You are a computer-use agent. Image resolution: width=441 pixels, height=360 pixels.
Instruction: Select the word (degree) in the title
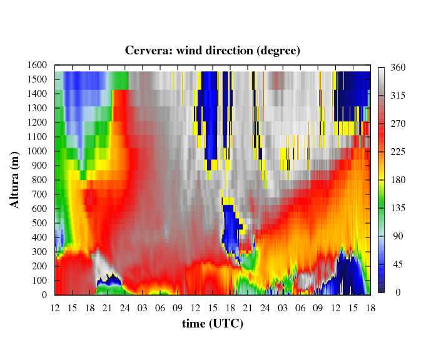point(278,51)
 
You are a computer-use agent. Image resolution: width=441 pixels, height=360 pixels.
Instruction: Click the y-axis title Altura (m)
point(14,180)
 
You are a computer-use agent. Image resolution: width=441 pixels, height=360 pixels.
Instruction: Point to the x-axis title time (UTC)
point(213,324)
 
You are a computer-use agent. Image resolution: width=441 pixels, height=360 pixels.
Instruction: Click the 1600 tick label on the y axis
point(37,65)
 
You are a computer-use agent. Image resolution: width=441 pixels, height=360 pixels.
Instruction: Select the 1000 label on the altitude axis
point(37,151)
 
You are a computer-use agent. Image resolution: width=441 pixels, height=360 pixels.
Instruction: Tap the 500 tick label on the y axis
point(39,223)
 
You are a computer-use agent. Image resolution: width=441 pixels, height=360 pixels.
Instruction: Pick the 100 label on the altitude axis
point(39,281)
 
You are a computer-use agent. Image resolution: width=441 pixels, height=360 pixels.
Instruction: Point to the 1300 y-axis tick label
point(37,108)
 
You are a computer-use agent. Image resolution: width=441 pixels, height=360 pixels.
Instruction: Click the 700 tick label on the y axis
point(39,194)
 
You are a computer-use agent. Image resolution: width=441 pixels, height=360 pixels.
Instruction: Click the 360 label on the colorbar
point(398,67)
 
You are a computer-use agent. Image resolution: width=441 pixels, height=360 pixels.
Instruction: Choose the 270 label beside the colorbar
point(398,124)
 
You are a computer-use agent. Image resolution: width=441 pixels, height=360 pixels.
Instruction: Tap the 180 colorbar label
point(398,180)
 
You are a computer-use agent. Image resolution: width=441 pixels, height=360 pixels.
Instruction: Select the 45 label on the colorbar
point(398,264)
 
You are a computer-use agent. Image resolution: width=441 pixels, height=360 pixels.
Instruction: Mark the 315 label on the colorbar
point(398,96)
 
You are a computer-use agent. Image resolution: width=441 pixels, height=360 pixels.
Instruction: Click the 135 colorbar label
point(398,208)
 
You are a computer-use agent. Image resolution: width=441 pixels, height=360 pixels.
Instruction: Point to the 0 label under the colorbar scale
point(398,292)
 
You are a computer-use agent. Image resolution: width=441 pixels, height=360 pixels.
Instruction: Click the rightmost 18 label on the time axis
point(371,308)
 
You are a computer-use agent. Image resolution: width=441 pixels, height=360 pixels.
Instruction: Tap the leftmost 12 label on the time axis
point(55,308)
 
